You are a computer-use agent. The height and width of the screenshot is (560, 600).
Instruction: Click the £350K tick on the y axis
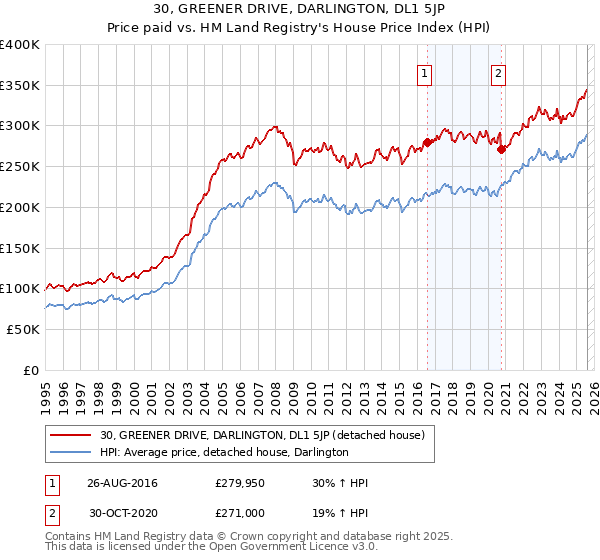pyautogui.click(x=20, y=85)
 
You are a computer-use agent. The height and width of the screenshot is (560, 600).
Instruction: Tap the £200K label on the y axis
pyautogui.click(x=20, y=207)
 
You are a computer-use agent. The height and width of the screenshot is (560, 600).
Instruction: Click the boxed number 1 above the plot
pyautogui.click(x=425, y=72)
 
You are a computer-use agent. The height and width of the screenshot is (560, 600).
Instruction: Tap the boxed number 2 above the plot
pyautogui.click(x=498, y=72)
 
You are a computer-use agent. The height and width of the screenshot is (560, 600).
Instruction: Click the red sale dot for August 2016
pyautogui.click(x=427, y=142)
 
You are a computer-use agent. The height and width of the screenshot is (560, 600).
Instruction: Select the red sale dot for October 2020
pyautogui.click(x=501, y=149)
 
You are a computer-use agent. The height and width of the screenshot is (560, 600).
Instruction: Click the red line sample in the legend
pyautogui.click(x=72, y=435)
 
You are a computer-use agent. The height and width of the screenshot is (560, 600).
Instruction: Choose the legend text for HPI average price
pyautogui.click(x=224, y=452)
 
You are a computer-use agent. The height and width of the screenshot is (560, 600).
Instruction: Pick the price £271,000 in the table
pyautogui.click(x=239, y=513)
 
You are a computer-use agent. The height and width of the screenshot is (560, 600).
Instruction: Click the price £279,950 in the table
pyautogui.click(x=239, y=483)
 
